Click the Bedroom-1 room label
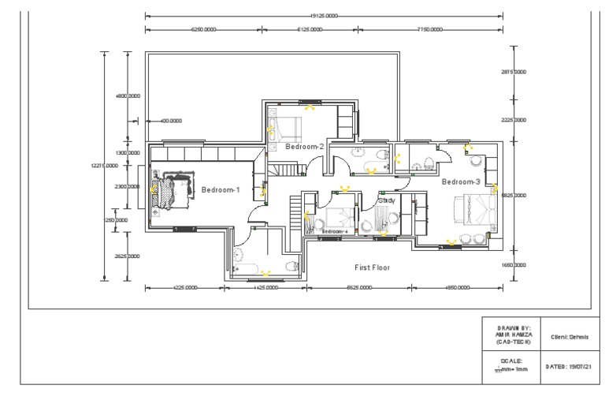click(221, 190)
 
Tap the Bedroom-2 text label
click(305, 147)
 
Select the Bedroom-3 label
click(461, 181)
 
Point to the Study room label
click(386, 201)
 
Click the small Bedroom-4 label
click(335, 231)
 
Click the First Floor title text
click(372, 267)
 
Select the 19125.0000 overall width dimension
click(324, 15)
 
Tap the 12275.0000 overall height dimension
click(105, 166)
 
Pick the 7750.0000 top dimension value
click(430, 29)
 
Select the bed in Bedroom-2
click(289, 125)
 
